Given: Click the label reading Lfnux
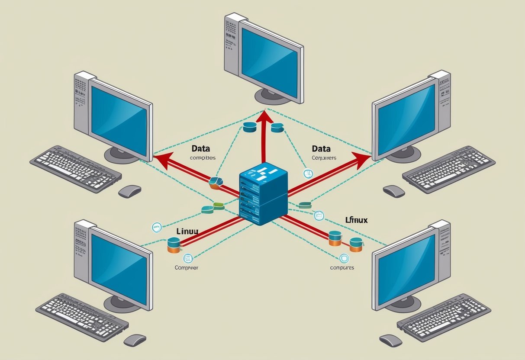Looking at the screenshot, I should [356, 220].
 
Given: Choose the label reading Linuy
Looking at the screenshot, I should [187, 231].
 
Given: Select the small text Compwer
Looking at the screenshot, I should [187, 268].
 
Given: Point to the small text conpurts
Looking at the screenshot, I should [342, 267].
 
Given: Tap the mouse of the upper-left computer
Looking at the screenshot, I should [129, 191].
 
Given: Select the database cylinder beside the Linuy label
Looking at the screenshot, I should [173, 245].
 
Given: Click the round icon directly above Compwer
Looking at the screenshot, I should [188, 258].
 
